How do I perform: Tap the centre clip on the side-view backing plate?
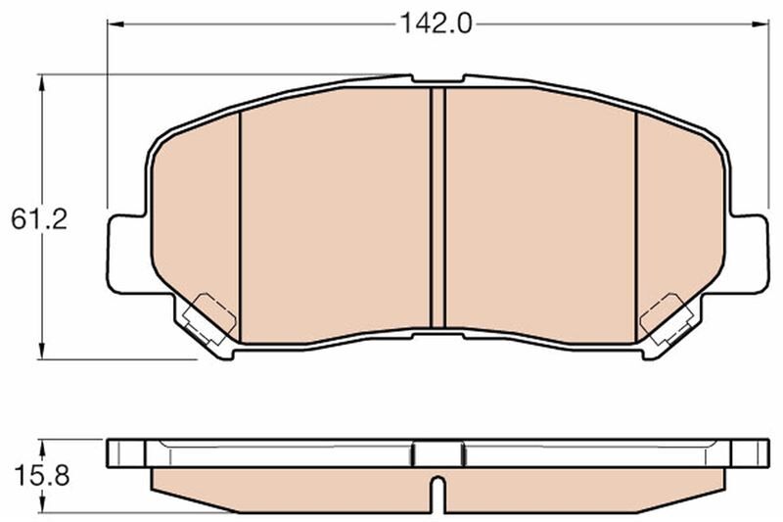tap(438, 453)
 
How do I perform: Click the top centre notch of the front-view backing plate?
tap(438, 78)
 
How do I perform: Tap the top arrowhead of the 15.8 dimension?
tap(42, 442)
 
